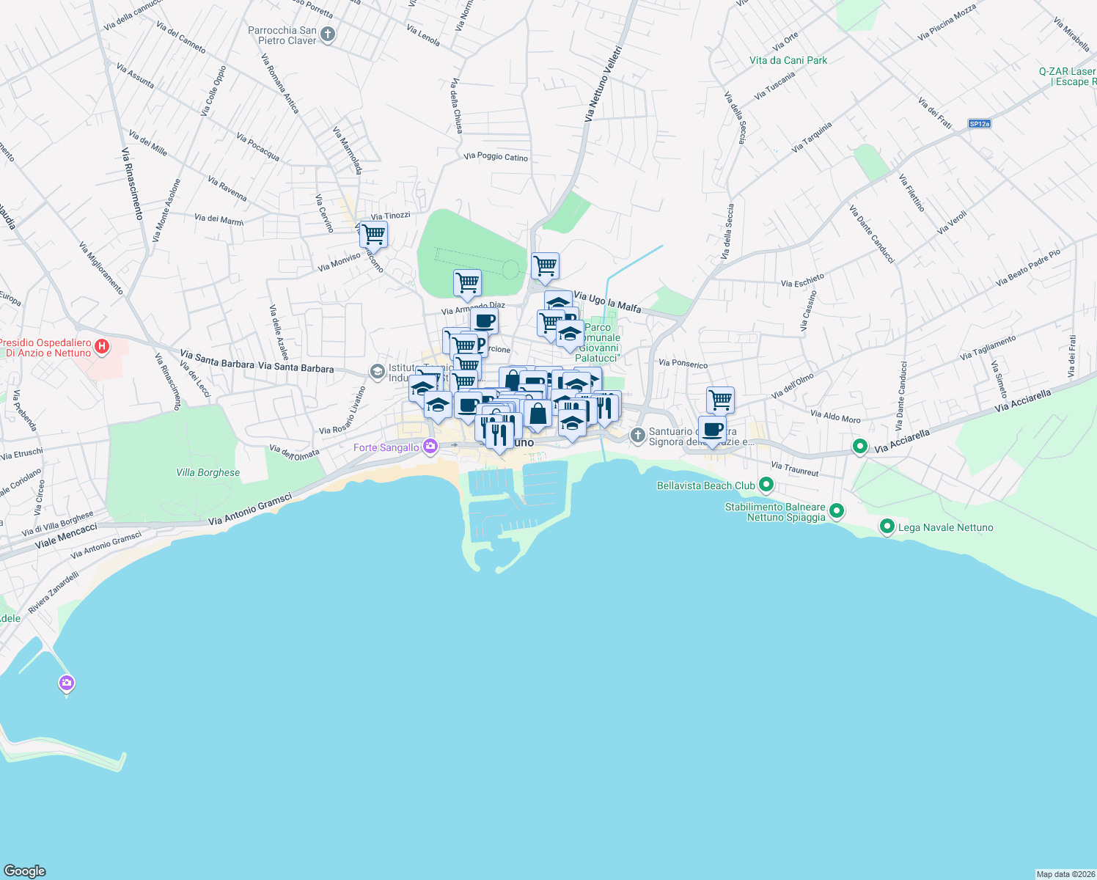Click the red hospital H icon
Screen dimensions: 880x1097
[x=103, y=347]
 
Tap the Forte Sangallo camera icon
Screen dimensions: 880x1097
[x=430, y=446]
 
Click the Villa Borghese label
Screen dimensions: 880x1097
[x=208, y=473]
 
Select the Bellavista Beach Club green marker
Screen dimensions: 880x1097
[x=766, y=484]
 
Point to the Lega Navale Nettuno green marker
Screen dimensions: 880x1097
[x=887, y=526]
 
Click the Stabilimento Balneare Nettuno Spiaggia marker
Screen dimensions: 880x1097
[x=837, y=510]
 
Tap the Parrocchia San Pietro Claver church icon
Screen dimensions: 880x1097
[x=328, y=34]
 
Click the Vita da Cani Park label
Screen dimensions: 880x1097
[x=788, y=61]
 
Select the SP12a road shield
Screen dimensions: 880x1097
[x=979, y=124]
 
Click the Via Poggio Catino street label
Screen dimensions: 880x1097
[x=496, y=157]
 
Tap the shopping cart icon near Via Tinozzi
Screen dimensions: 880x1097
[x=373, y=235]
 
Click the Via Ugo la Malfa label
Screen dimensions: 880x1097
[x=607, y=301]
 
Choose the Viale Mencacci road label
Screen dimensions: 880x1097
[x=66, y=535]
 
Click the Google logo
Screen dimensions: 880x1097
[x=25, y=871]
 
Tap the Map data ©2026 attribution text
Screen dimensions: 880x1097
[x=1065, y=874]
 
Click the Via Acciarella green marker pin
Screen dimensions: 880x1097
[x=860, y=446]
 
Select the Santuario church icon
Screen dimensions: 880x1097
[x=638, y=436]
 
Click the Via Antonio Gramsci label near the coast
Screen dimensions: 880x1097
[x=250, y=510]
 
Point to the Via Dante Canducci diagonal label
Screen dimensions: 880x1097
[x=872, y=234]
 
